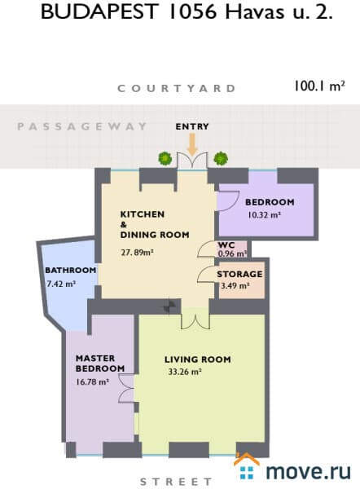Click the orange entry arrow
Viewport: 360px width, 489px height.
pos(192,144)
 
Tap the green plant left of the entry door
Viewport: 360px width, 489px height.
pos(165,158)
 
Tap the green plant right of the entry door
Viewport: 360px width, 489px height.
pos(221,158)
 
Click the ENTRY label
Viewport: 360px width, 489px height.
pos(192,126)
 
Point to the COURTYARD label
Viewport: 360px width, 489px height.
pos(177,89)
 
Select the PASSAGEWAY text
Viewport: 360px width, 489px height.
pos(81,126)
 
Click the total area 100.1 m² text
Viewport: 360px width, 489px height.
pos(320,86)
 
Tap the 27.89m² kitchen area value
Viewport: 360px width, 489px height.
pos(137,252)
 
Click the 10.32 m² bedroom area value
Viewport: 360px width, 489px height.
pos(265,215)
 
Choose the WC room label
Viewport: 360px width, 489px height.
pos(226,244)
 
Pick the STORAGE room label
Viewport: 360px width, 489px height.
pos(239,274)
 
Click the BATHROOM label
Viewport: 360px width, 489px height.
pos(71,270)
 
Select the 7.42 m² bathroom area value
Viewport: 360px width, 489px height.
pos(61,284)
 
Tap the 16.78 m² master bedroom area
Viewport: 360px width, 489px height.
pos(92,381)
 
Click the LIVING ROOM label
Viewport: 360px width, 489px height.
pos(198,359)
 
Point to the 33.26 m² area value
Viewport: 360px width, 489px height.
pos(185,372)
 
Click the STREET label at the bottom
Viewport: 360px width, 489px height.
pos(176,482)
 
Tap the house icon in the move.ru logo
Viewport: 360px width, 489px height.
pos(247,466)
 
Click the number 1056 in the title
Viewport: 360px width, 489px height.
pos(192,12)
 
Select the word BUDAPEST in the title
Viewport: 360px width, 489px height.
pos(99,12)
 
